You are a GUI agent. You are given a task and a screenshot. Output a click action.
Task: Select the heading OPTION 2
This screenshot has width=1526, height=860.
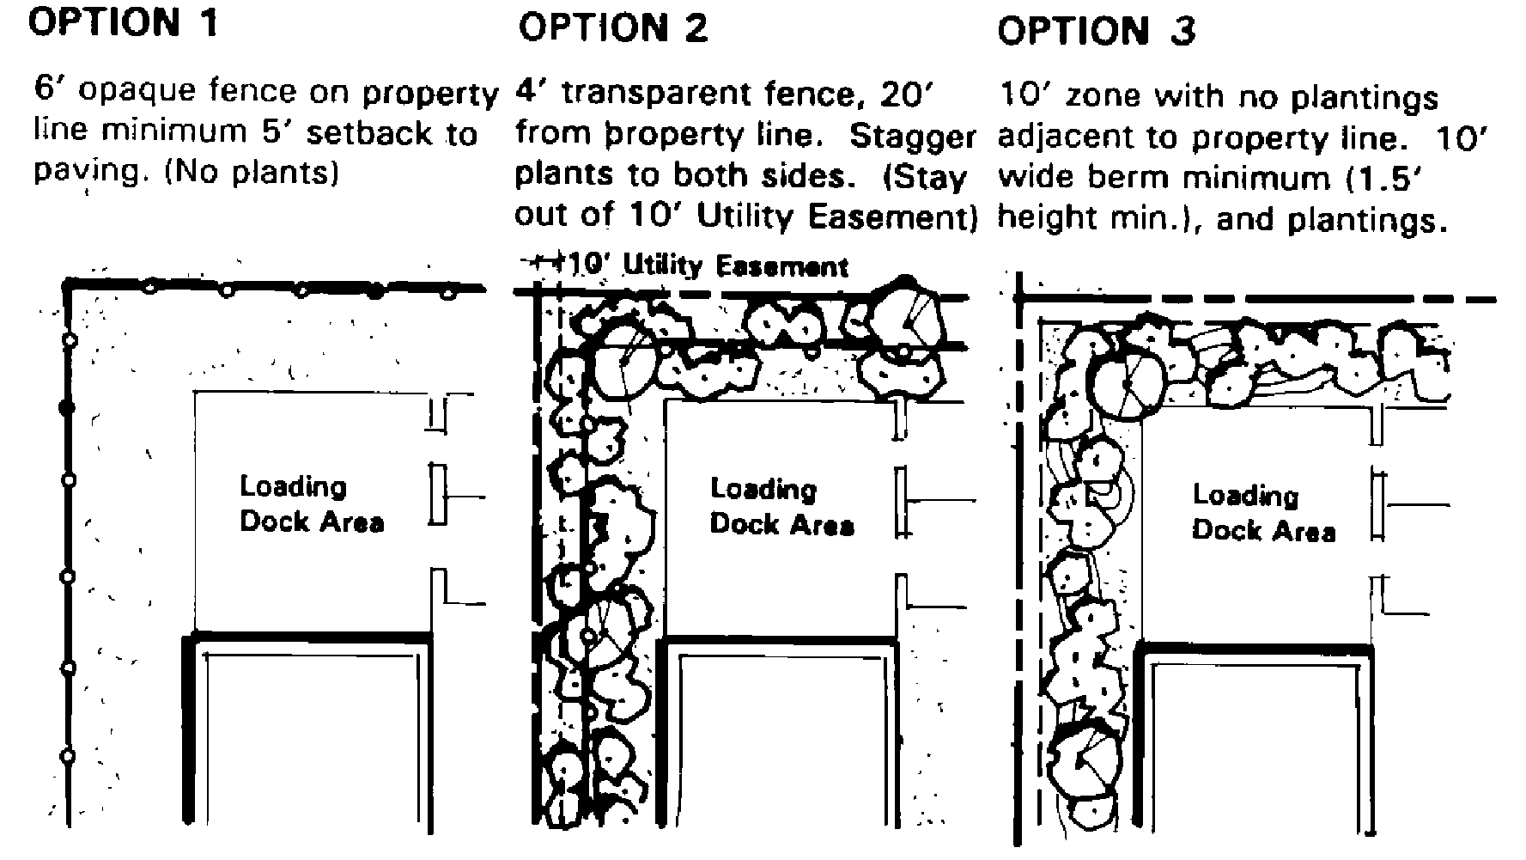coord(612,28)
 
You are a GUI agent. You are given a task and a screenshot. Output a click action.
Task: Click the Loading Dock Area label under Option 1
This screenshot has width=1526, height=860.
coord(311,504)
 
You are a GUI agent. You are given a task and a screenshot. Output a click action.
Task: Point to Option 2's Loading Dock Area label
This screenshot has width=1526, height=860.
coord(781,507)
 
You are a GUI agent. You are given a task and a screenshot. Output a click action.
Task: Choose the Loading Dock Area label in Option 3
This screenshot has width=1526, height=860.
coord(1263,512)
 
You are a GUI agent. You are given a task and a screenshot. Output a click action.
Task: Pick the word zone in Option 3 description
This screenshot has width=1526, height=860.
coord(1106,95)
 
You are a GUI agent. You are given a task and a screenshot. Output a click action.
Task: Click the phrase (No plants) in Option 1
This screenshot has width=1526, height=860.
coord(251,174)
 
